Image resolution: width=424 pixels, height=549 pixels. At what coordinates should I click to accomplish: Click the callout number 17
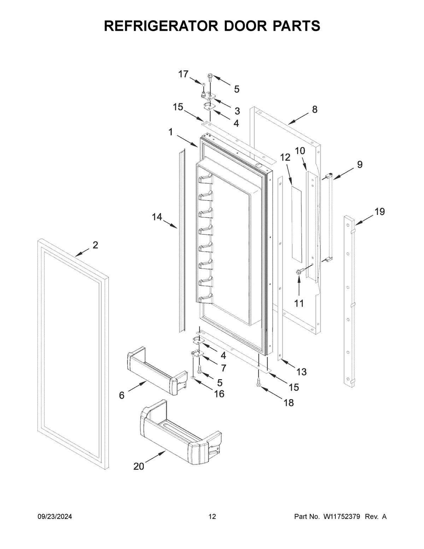[x=183, y=74]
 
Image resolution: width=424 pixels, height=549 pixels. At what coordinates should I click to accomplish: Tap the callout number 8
[x=314, y=109]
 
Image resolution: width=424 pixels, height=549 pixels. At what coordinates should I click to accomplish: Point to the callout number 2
[x=95, y=245]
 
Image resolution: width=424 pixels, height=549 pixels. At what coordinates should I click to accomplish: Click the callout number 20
[x=139, y=467]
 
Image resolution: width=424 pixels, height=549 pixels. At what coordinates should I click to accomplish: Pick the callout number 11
[x=299, y=303]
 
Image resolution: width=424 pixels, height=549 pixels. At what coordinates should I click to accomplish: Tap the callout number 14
[x=157, y=217]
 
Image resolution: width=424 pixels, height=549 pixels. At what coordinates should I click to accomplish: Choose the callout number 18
[x=288, y=402]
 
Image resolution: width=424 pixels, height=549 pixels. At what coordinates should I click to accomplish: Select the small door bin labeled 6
[x=155, y=371]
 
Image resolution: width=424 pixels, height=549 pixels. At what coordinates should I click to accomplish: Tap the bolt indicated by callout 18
[x=258, y=383]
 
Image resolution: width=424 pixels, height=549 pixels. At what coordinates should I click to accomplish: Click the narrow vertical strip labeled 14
[x=182, y=240]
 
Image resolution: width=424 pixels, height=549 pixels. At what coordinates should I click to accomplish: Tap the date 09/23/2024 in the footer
[x=55, y=517]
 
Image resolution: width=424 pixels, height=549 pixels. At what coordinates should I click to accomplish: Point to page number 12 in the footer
[x=212, y=517]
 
